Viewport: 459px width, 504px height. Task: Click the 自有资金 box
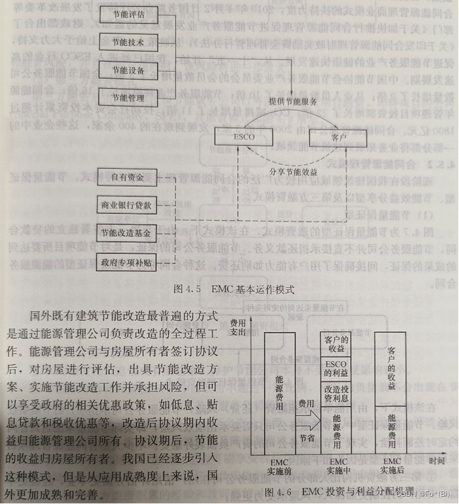click(127, 178)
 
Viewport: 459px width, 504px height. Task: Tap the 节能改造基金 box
click(127, 233)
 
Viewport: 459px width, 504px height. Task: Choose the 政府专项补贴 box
click(127, 262)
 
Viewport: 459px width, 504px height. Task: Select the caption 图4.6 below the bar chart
click(339, 491)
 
